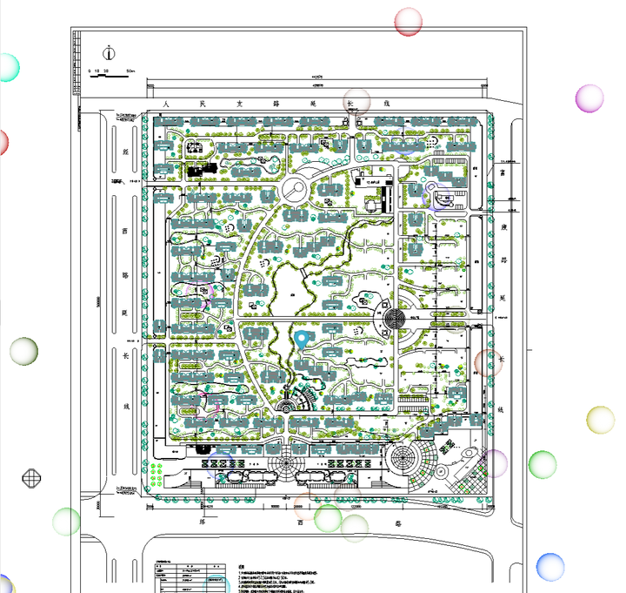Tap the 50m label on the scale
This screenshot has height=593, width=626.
[x=130, y=68]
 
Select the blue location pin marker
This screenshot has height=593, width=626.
[x=303, y=340]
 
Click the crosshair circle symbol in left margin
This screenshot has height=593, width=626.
[x=32, y=477]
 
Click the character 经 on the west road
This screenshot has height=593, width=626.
[x=126, y=151]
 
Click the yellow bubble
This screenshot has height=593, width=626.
[x=600, y=420]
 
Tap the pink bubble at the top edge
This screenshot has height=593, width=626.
[x=408, y=21]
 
